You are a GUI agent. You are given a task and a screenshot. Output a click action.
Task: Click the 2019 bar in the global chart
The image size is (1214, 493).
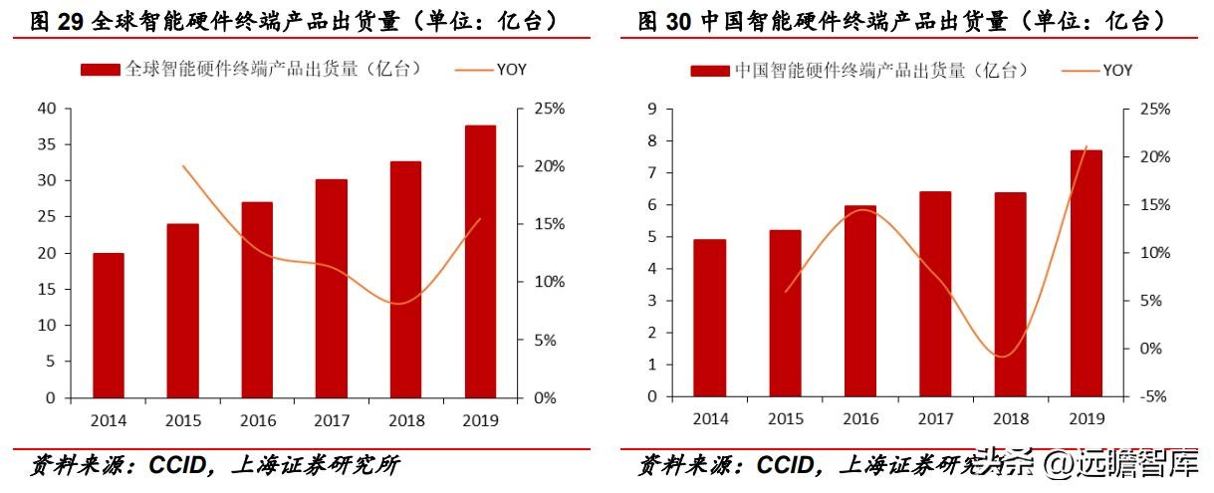pyautogui.click(x=480, y=261)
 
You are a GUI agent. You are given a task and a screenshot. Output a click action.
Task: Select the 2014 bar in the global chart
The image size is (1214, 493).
pyautogui.click(x=109, y=325)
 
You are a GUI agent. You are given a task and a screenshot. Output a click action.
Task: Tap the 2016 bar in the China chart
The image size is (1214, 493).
pyautogui.click(x=860, y=301)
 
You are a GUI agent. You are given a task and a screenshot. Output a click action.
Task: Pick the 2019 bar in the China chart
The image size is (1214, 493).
pyautogui.click(x=1087, y=273)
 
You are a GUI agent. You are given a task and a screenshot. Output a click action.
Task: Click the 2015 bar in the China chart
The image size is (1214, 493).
pyautogui.click(x=785, y=313)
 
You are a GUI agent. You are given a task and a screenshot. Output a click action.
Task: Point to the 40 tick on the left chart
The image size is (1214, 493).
pyautogui.click(x=47, y=109)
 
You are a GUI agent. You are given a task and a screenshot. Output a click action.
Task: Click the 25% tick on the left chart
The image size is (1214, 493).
pyautogui.click(x=549, y=109)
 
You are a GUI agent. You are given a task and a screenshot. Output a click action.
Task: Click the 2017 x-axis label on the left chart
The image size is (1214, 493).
pyautogui.click(x=332, y=420)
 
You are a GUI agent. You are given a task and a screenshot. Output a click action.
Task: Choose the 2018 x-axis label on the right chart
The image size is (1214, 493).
pyautogui.click(x=1011, y=419)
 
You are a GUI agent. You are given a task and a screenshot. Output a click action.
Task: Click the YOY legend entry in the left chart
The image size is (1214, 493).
pyautogui.click(x=508, y=70)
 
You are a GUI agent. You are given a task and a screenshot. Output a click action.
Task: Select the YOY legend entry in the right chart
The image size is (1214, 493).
pyautogui.click(x=1116, y=71)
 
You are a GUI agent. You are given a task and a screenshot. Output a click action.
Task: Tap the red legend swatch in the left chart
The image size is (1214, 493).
pyautogui.click(x=101, y=70)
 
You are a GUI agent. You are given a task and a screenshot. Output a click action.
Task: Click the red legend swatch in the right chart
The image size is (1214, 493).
pyautogui.click(x=709, y=71)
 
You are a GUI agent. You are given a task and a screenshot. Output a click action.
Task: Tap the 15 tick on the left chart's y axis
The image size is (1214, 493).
pyautogui.click(x=47, y=289)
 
